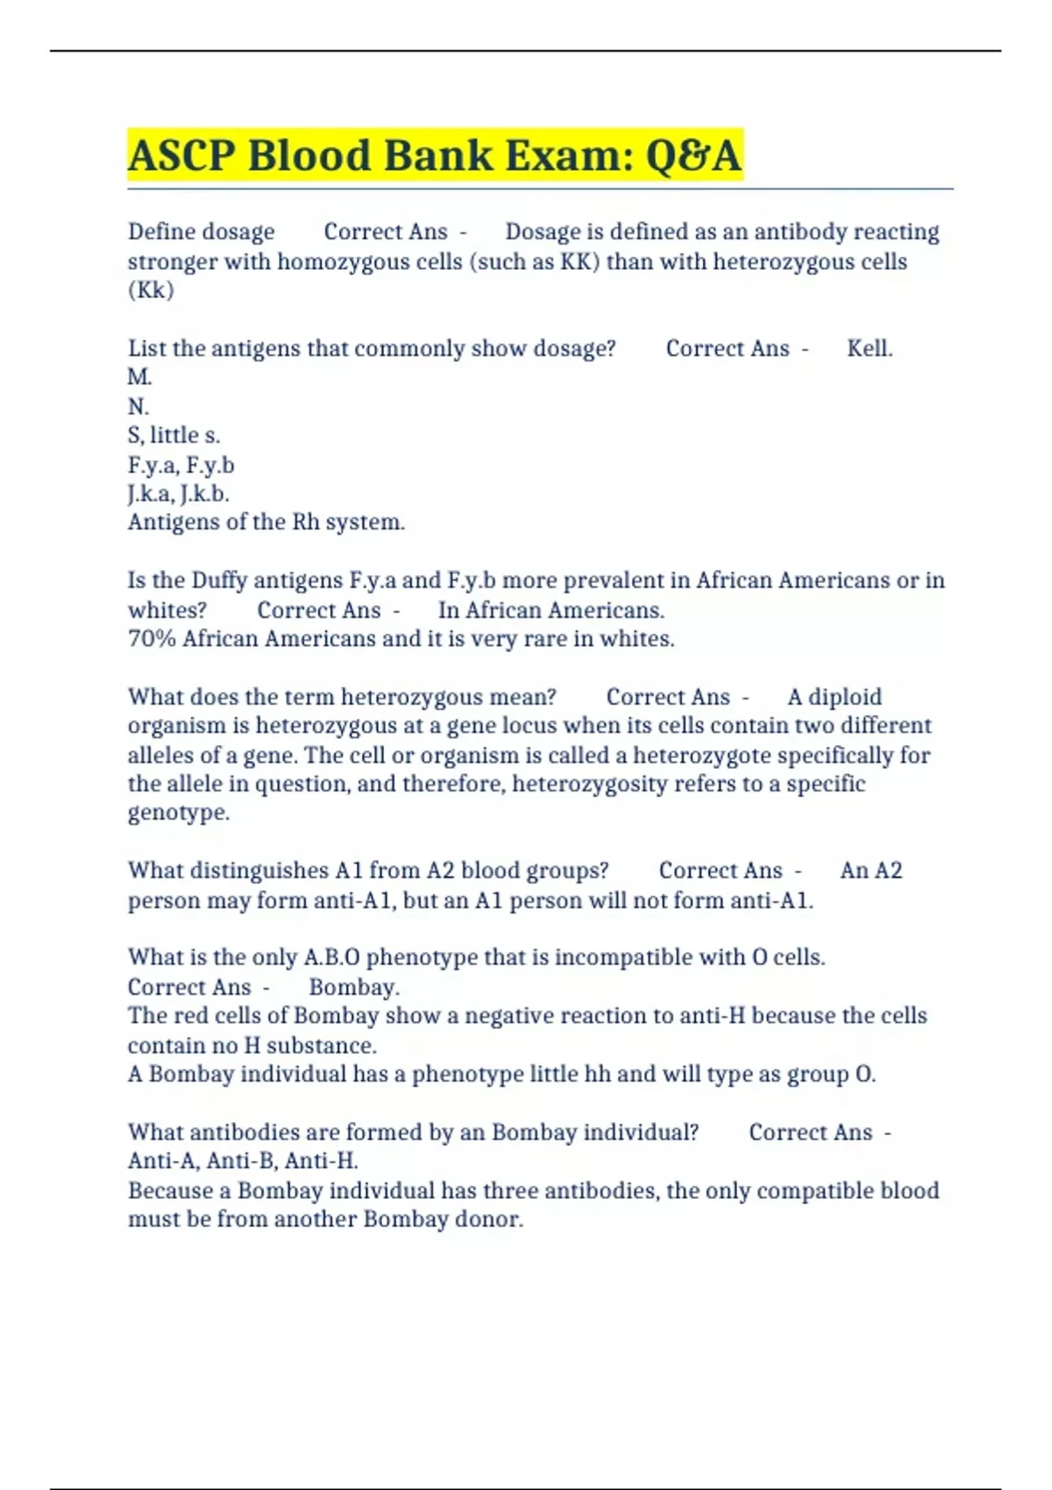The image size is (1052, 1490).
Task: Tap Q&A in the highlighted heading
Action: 693,156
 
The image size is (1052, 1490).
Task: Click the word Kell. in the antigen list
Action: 870,349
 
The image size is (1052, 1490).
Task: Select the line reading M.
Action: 140,378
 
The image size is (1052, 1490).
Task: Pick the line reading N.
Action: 139,407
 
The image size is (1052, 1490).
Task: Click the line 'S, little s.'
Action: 174,436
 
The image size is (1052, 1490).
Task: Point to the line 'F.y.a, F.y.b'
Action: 181,465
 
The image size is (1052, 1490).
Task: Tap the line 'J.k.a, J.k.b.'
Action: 179,493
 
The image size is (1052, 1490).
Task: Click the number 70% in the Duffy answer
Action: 152,639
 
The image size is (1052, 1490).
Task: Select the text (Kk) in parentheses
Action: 151,290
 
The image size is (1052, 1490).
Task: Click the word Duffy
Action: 219,580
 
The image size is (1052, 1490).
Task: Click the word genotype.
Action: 179,812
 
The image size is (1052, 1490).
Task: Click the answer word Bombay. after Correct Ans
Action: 354,987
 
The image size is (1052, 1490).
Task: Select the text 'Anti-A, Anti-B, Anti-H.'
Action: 243,1161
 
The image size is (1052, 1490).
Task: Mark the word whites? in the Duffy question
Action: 167,610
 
